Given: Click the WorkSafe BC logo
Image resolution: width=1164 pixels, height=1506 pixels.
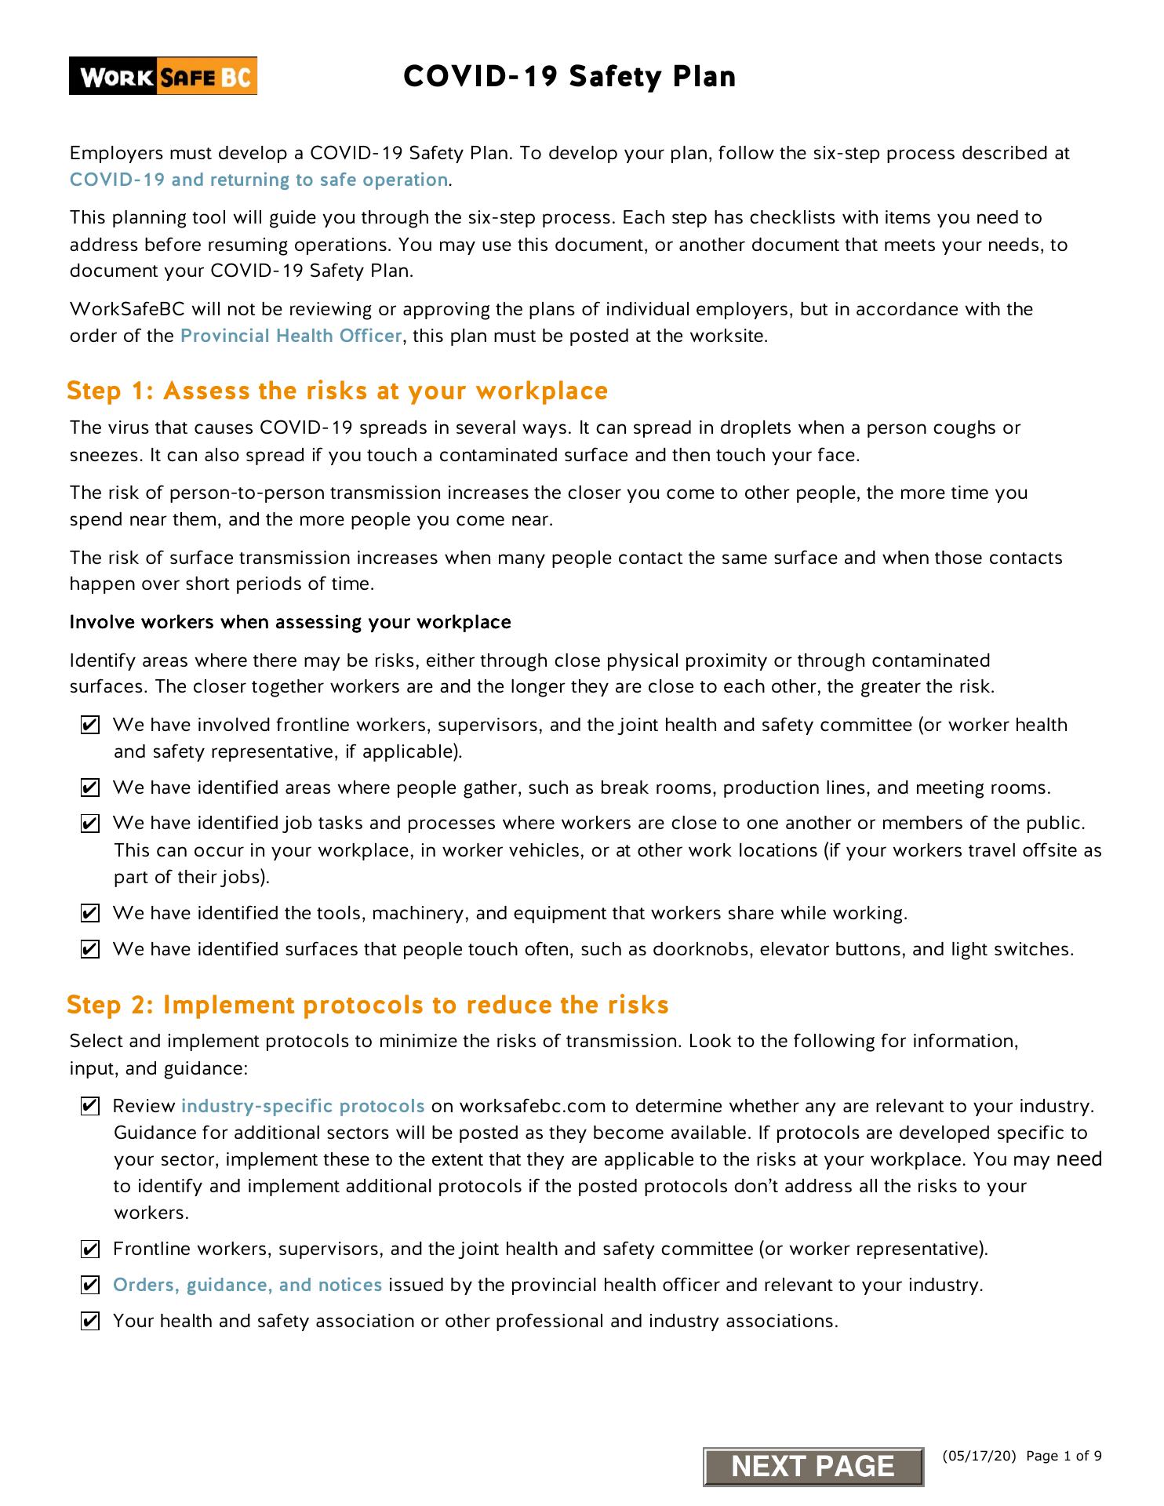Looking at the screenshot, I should click(163, 76).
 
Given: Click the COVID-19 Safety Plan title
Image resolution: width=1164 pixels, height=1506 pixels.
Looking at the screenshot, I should click(569, 77).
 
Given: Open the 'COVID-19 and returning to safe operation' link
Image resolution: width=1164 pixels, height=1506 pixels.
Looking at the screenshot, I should click(259, 180).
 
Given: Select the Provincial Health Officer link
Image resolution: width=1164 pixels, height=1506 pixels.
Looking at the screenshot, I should click(291, 336).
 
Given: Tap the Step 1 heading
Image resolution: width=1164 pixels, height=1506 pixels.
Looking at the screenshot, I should click(337, 391).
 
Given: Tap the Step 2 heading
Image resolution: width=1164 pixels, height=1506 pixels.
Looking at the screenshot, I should click(367, 1005).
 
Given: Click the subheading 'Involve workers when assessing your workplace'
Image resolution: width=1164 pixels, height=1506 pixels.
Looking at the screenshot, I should click(290, 622).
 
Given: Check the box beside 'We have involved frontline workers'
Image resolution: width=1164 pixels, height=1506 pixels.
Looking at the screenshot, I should click(90, 726).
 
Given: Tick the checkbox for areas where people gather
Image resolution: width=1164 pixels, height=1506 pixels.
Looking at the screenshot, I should click(90, 788).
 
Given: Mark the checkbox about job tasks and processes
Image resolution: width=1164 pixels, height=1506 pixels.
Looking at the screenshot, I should click(90, 824).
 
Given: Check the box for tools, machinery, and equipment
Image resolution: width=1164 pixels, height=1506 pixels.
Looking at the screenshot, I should click(90, 914).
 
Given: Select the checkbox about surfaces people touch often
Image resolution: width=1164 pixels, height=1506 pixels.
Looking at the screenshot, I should click(90, 950).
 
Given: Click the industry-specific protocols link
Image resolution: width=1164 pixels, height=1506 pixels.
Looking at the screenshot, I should click(303, 1106).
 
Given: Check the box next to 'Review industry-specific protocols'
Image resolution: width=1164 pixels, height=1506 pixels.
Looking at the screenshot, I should click(90, 1107).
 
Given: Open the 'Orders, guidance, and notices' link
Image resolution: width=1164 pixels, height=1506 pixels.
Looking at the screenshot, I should click(247, 1285).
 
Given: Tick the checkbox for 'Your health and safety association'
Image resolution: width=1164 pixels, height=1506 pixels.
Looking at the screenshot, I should click(90, 1322).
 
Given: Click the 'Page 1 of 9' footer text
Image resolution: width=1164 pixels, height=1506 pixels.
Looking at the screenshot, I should click(1064, 1457).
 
